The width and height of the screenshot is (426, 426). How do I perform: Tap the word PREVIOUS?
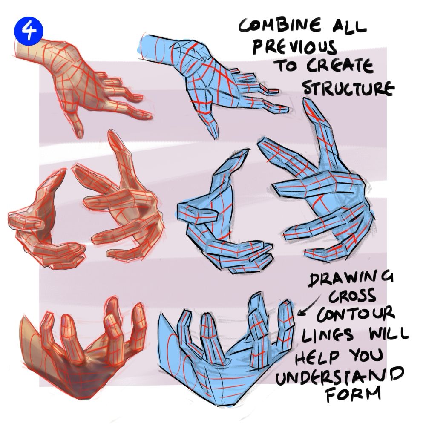[x=294, y=47]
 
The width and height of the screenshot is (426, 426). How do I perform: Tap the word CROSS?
[x=352, y=296]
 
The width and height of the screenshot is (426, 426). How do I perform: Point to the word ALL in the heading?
[x=349, y=26]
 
